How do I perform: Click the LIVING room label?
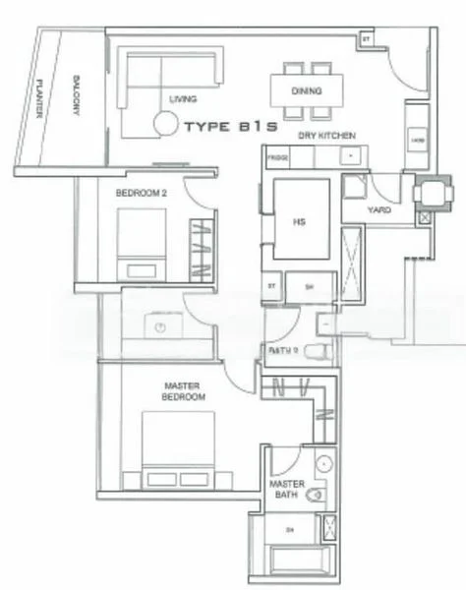pyautogui.click(x=182, y=99)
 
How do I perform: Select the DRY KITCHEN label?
pyautogui.click(x=326, y=135)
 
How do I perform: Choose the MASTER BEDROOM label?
pyautogui.click(x=184, y=390)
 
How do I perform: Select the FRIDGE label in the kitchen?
pyautogui.click(x=276, y=157)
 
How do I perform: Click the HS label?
pyautogui.click(x=300, y=221)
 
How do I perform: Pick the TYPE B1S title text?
pyautogui.click(x=228, y=127)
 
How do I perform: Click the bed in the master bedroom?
pyautogui.click(x=177, y=448)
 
